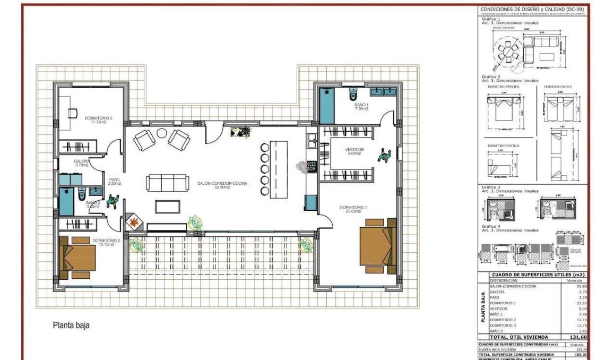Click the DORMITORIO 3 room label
tap(98, 118)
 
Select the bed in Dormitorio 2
tap(78, 259)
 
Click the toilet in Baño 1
tap(353, 95)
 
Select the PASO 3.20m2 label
tap(115, 181)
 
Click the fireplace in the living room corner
tap(134, 223)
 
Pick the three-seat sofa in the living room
tap(168, 183)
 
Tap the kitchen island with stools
tap(278, 162)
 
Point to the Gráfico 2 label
tap(491, 76)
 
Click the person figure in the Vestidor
tap(383, 155)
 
